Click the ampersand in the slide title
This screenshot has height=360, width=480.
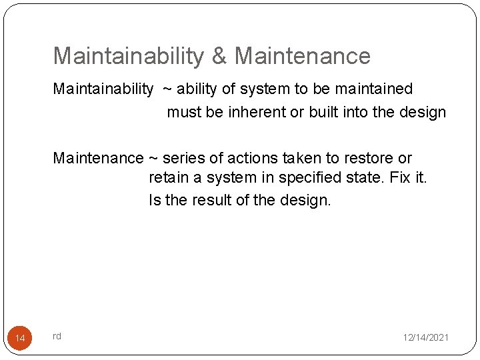219,56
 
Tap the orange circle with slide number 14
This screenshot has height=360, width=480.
20,339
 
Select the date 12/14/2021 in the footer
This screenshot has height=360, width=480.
425,338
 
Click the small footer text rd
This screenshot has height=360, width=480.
57,336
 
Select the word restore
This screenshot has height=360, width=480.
366,158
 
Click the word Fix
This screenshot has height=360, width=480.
400,178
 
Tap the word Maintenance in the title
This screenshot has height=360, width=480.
302,56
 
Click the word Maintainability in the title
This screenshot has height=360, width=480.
128,56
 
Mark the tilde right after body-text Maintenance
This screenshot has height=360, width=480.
153,159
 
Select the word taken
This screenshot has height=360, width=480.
300,158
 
